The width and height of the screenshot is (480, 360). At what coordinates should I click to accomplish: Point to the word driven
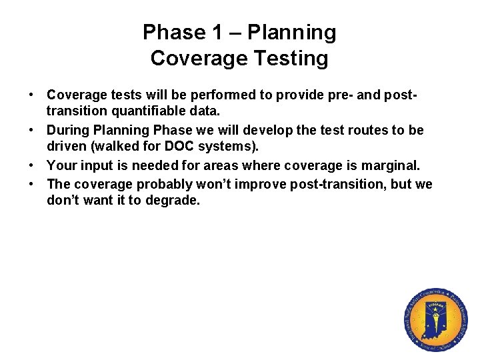coord(65,147)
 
